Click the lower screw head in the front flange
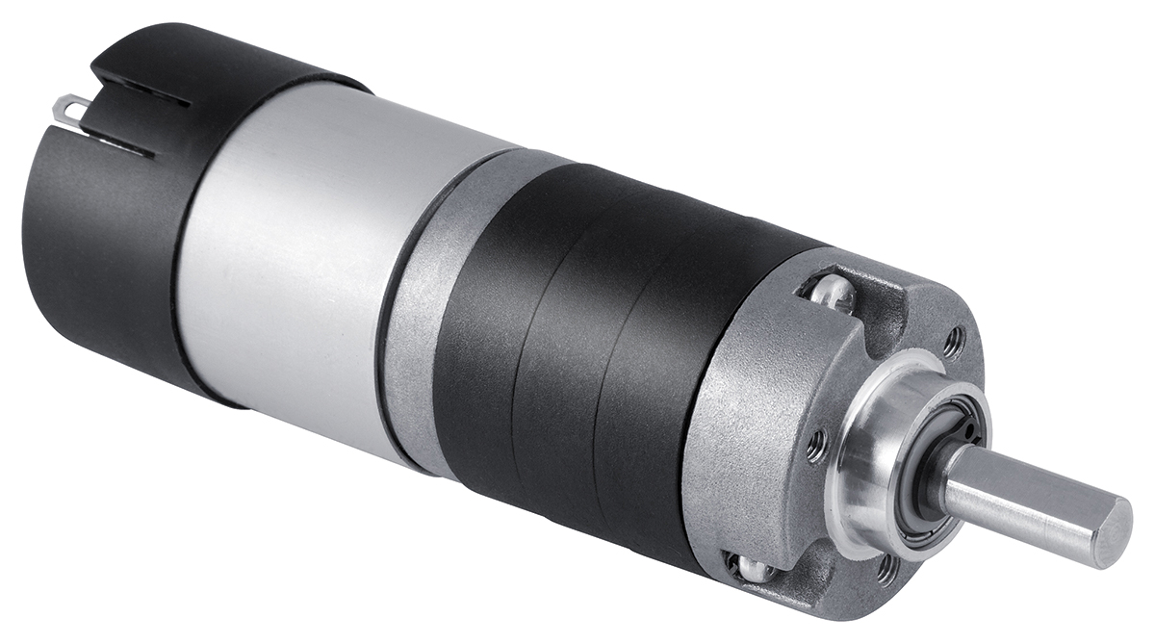coord(752,568)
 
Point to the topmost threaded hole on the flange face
coord(953,340)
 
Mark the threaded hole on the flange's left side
coord(816,446)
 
